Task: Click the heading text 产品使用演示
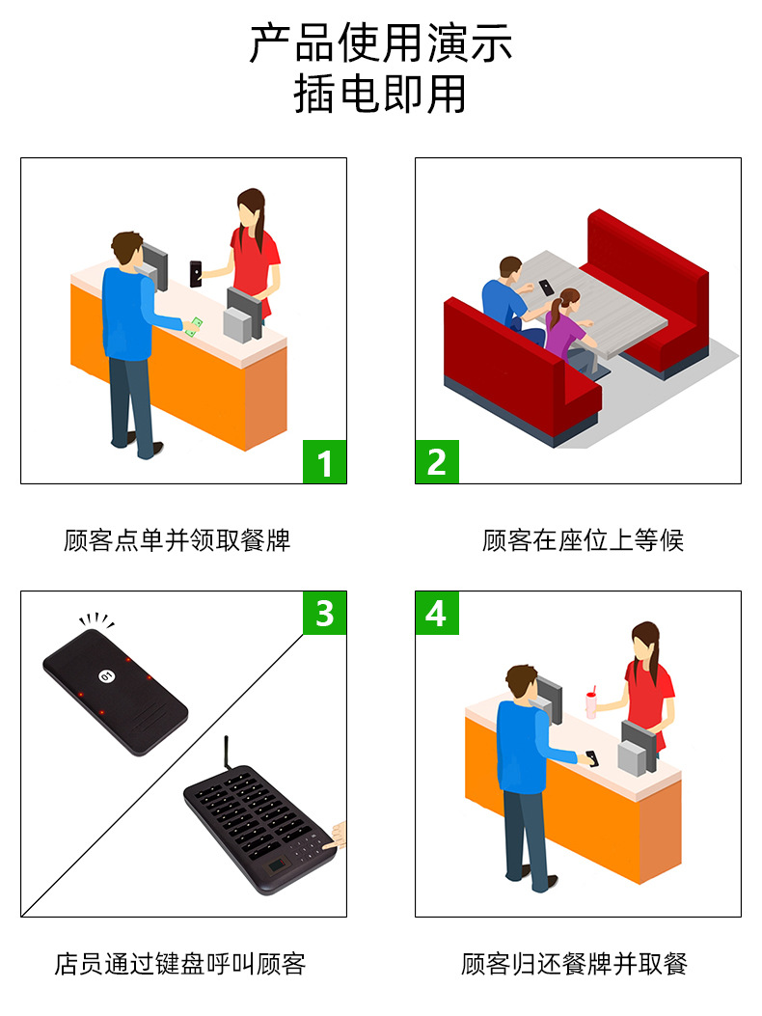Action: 381,44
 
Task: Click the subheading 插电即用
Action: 381,95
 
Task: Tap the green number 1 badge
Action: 324,461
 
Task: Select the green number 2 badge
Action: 437,461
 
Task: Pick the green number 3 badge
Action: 324,613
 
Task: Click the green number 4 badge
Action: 437,613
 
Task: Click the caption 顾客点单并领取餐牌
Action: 177,540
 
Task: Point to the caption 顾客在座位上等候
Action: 583,540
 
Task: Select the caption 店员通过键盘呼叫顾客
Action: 179,963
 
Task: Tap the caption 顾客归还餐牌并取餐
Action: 574,963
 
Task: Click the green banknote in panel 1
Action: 196,326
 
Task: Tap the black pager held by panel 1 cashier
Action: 197,273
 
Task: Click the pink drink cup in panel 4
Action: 591,703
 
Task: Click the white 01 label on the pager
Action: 106,674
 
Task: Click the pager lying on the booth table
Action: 547,288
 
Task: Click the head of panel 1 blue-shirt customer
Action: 126,249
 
